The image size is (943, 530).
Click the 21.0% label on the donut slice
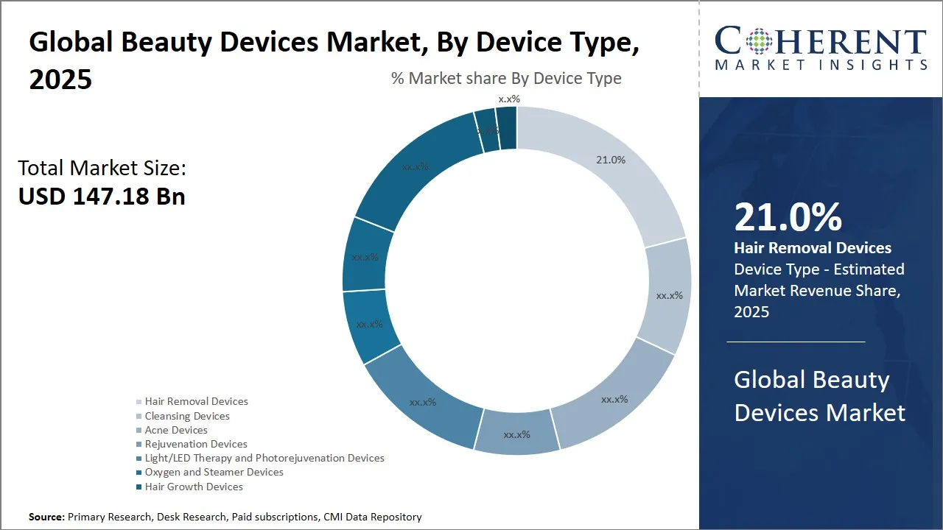tap(611, 160)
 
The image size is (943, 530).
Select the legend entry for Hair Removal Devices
tap(196, 402)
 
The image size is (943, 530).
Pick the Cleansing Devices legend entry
tap(187, 416)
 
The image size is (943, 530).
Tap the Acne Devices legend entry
tap(176, 430)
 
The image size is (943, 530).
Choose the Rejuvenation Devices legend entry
tap(196, 444)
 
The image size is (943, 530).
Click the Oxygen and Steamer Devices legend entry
tap(214, 472)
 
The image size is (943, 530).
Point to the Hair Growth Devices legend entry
tap(194, 487)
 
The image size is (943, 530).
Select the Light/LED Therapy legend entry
tap(264, 458)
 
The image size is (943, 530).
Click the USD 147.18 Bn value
tap(102, 197)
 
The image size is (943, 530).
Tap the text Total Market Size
tap(102, 168)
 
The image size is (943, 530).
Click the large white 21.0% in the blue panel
tap(788, 218)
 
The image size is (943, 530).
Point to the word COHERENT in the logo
tap(820, 42)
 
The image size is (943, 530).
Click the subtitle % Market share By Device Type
tap(506, 78)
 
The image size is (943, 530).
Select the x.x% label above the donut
tap(509, 99)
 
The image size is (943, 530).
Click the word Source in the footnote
tap(46, 517)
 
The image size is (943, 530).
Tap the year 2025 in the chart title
tap(60, 79)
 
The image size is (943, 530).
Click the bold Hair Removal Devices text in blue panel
tap(813, 248)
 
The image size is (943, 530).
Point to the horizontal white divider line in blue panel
tap(796, 342)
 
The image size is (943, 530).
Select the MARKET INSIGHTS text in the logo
tap(820, 66)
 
